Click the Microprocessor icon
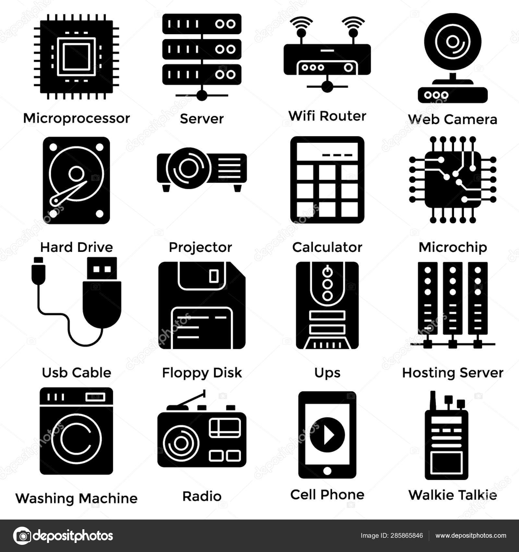77,56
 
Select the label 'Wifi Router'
327,116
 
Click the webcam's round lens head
453,42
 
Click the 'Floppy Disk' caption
202,373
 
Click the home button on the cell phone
327,470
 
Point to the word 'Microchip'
453,247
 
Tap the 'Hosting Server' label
453,373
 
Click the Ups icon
327,305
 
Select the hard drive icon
77,180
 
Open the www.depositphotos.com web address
471,536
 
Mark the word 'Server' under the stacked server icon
202,119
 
